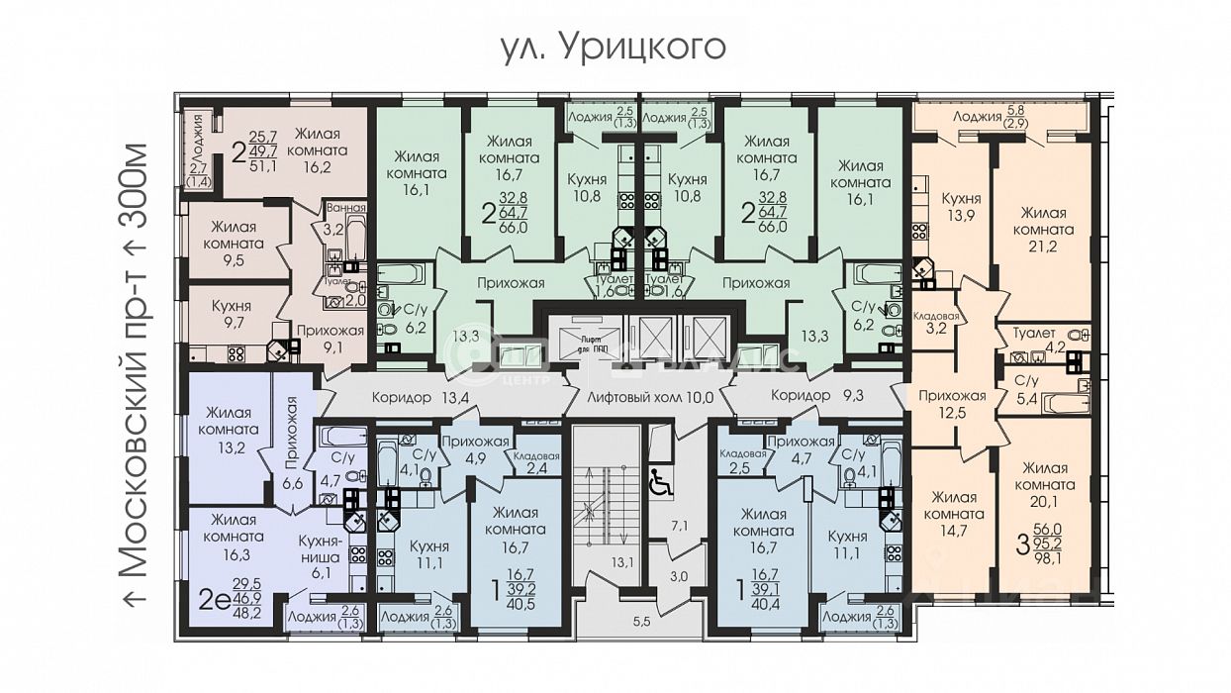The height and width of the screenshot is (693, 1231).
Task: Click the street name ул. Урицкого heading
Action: click(x=614, y=46)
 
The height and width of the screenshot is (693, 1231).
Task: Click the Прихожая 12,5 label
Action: click(x=951, y=404)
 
